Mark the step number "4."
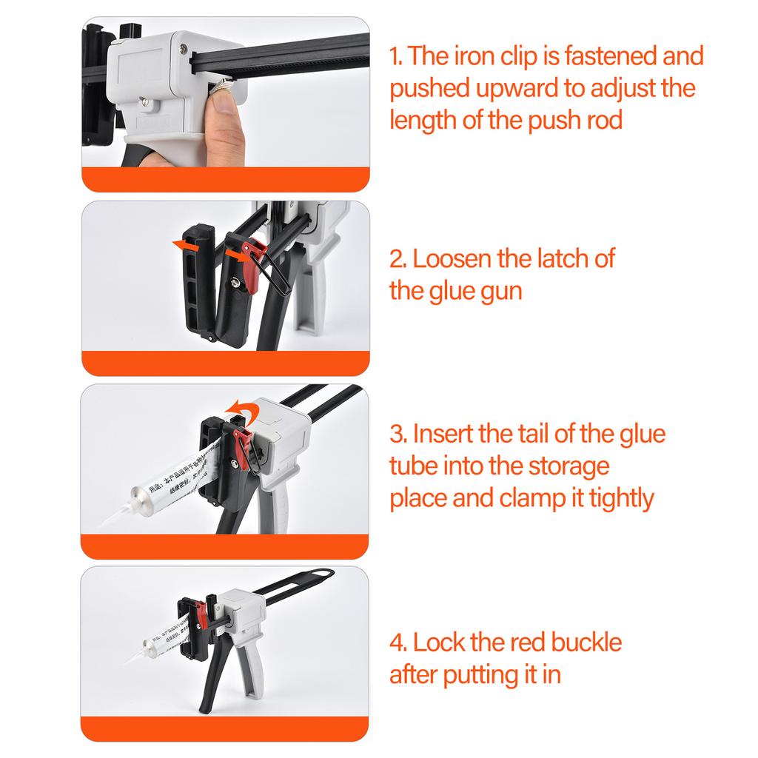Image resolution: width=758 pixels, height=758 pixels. pos(398,642)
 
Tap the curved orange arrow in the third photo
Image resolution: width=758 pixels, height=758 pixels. pos(239,408)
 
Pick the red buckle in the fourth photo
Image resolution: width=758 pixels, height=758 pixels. pos(201,614)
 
